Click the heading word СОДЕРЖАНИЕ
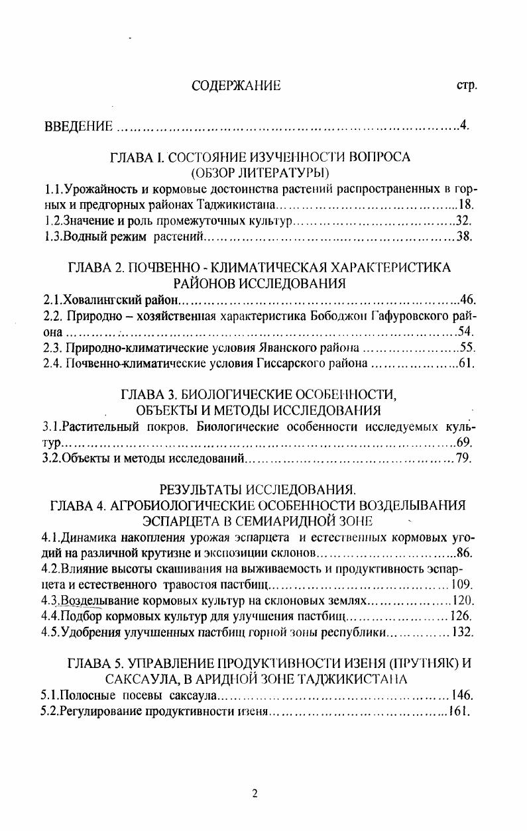(x=236, y=86)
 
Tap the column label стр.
(x=467, y=86)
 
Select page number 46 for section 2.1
(x=467, y=300)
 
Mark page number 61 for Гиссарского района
(x=467, y=363)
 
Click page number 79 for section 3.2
(x=463, y=459)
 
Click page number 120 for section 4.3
(x=462, y=600)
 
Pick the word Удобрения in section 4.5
(x=90, y=632)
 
